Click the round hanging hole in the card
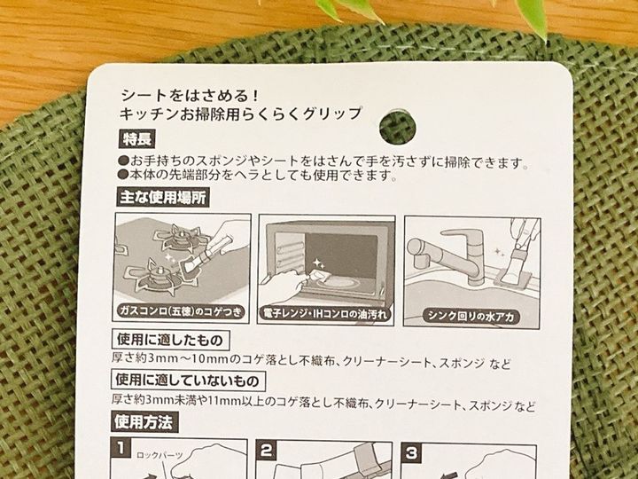click(398, 126)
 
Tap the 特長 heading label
click(137, 139)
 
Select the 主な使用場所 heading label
click(163, 198)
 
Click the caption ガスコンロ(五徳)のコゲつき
click(181, 311)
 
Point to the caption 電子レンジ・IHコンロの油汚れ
click(325, 314)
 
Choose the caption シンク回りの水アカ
click(471, 316)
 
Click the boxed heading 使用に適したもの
click(170, 340)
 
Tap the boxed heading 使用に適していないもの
click(188, 381)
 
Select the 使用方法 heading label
click(144, 422)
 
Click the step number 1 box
click(121, 448)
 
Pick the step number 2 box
click(266, 451)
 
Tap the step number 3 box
click(411, 453)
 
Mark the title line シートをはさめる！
click(190, 96)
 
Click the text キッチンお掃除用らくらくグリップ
click(240, 114)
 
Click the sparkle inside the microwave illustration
click(318, 263)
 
